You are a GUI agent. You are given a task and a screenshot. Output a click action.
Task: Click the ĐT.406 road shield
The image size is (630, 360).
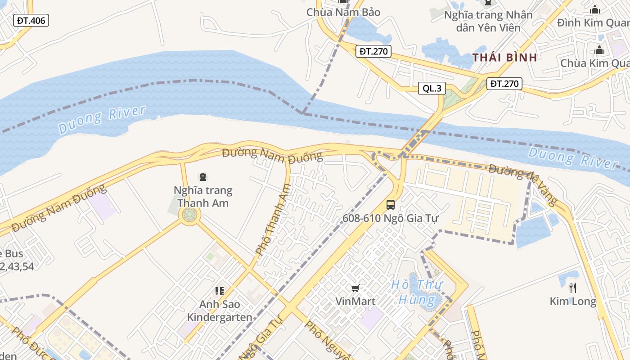coord(31,20)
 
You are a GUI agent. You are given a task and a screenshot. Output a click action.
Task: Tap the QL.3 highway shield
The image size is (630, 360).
coord(432,88)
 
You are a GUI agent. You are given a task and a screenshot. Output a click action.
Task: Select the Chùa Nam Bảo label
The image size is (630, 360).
coord(343,12)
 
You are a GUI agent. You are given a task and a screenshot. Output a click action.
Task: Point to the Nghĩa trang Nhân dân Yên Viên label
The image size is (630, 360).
coord(488,21)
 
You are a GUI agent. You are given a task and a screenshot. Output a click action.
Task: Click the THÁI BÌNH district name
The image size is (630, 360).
coord(504,57)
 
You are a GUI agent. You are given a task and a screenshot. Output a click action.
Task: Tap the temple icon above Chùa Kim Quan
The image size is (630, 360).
coord(599,50)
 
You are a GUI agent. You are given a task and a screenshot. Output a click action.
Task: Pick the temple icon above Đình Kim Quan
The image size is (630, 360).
coord(595,9)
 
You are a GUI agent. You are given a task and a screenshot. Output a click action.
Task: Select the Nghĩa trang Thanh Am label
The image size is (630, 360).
coord(203,196)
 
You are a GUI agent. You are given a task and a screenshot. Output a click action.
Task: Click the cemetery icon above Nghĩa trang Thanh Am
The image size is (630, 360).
coord(203,177)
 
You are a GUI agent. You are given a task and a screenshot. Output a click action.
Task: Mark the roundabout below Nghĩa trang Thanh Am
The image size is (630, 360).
coord(189,216)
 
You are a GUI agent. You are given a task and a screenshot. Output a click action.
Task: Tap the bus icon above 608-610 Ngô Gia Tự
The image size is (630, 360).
coord(391,205)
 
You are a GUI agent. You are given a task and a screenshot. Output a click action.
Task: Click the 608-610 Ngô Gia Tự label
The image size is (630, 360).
coord(390,218)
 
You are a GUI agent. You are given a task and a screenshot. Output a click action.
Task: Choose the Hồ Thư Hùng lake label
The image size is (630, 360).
coord(417,292)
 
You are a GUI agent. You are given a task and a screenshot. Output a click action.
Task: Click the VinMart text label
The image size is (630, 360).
coord(355,301)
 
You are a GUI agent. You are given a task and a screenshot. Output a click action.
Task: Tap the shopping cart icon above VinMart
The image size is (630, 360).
coord(355,288)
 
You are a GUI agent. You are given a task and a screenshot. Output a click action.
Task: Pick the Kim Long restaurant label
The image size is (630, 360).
coord(572,301)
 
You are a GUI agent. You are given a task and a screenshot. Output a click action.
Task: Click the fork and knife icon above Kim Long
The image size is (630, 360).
coord(572,288)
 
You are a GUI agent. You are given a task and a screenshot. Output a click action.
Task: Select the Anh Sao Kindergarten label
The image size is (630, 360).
coord(220,310)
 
